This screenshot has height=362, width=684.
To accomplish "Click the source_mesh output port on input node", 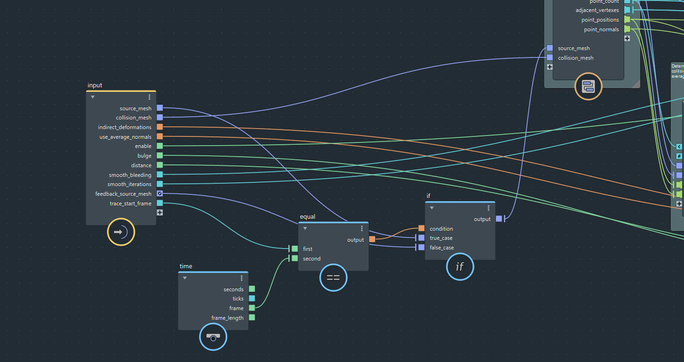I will click(x=160, y=108).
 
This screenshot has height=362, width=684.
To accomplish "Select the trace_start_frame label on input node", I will click(x=130, y=204).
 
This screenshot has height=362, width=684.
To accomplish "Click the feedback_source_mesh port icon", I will click(x=160, y=194).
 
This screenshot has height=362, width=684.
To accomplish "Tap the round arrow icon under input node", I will click(x=121, y=232).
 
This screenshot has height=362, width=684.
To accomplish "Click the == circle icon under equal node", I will click(x=333, y=277).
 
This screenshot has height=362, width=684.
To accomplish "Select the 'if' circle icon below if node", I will click(x=460, y=266).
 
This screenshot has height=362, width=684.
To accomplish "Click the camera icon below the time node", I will click(x=213, y=337).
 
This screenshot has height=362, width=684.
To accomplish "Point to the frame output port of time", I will click(x=252, y=308).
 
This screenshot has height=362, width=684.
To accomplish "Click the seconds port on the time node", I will click(x=252, y=289).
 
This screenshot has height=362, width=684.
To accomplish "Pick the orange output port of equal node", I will click(x=372, y=239).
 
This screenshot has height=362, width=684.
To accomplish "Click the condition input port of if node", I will click(x=422, y=228).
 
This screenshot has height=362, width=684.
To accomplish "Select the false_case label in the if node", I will click(x=441, y=248).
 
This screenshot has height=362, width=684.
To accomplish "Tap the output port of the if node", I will click(x=499, y=219).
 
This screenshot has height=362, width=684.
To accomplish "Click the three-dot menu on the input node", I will click(x=149, y=97).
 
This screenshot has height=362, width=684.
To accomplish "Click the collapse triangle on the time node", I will click(x=185, y=278).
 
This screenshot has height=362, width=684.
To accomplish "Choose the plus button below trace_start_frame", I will click(x=160, y=213).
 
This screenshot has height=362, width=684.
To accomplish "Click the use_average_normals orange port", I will click(x=160, y=136).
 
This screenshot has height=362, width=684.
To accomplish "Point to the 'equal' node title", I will click(x=308, y=217).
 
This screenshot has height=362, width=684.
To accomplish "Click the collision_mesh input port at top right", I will click(x=550, y=57).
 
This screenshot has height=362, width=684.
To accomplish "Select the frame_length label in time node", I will click(x=227, y=317).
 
